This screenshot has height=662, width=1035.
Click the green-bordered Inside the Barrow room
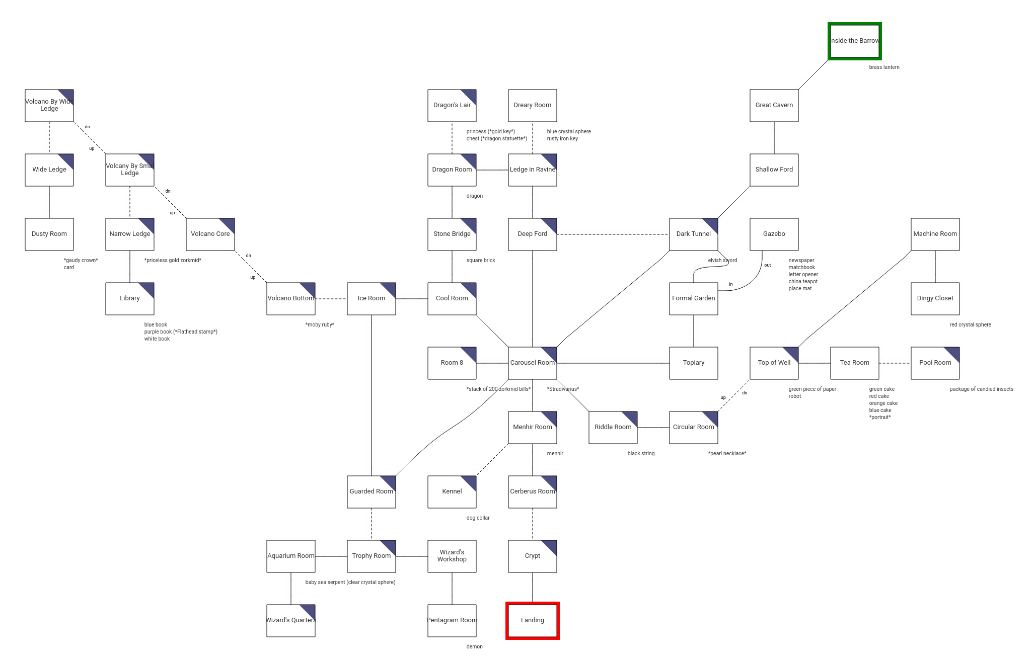(x=854, y=41)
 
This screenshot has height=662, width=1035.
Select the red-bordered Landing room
(x=532, y=620)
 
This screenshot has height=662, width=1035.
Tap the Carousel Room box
(x=532, y=363)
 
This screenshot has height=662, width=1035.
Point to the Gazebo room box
(x=774, y=234)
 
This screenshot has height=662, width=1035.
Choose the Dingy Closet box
(x=935, y=298)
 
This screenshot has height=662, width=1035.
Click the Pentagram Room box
(x=452, y=620)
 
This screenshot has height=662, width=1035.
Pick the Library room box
(x=129, y=298)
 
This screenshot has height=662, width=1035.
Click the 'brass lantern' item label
(x=884, y=67)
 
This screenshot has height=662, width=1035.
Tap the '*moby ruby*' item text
(x=320, y=324)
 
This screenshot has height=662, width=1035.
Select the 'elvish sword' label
(x=722, y=260)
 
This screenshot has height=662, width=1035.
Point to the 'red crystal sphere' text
(x=970, y=324)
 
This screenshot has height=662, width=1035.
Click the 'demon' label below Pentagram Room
(x=474, y=646)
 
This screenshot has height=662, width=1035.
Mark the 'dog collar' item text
(x=478, y=518)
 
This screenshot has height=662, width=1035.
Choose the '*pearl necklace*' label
(x=727, y=453)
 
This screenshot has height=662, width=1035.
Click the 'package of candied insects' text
(x=981, y=389)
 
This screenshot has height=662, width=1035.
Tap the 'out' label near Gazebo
(x=767, y=265)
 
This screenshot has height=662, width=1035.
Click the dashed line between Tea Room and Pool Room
(x=895, y=363)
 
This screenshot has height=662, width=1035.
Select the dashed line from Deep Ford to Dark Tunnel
(x=613, y=234)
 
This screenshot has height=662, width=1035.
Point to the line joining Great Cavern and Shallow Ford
(x=774, y=137)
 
